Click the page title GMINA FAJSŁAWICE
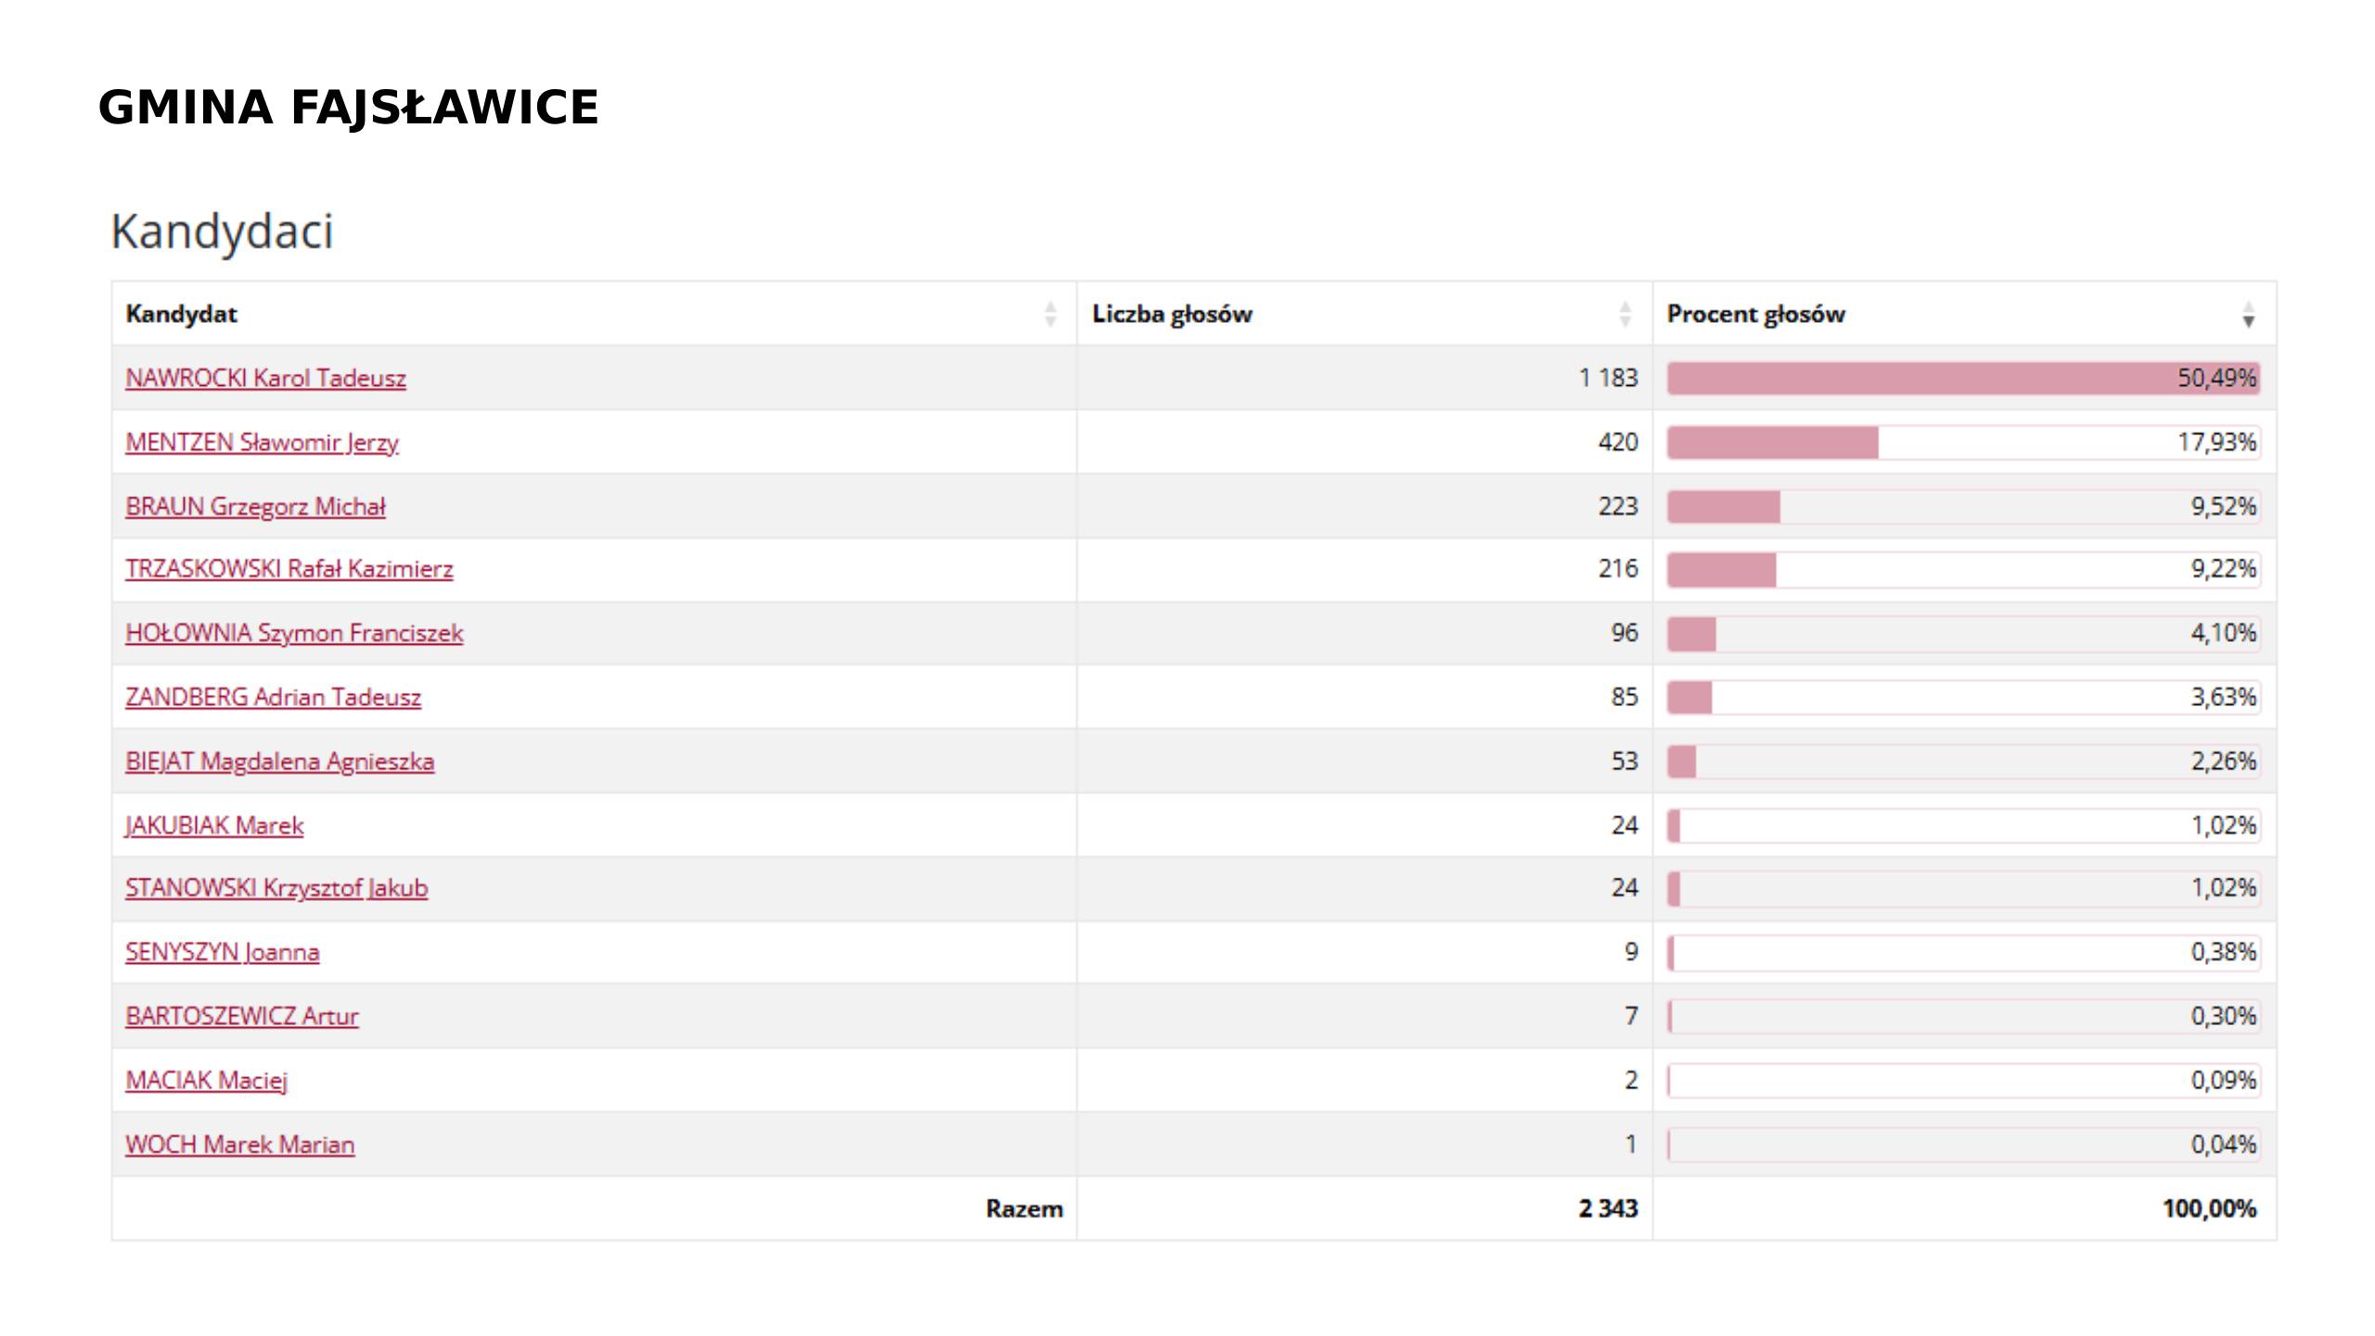coord(348,108)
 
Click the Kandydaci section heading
coord(222,231)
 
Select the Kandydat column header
coord(182,315)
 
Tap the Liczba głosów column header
coord(1172,315)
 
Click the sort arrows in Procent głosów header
coord(2248,315)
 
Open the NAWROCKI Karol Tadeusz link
coord(265,379)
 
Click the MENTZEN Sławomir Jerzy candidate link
coord(262,443)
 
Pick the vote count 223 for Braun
coord(1617,507)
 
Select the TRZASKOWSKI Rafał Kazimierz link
coord(289,569)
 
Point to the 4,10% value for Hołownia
coord(2223,633)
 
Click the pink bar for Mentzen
coord(1772,443)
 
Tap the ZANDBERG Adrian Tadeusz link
coord(273,697)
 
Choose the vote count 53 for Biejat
coord(1624,762)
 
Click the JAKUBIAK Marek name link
coord(214,826)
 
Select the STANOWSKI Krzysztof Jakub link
coord(276,888)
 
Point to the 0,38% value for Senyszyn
coord(2223,952)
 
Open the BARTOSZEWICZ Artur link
coord(241,1016)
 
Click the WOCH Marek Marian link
coord(239,1145)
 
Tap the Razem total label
coord(1023,1209)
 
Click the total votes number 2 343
coord(1608,1209)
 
